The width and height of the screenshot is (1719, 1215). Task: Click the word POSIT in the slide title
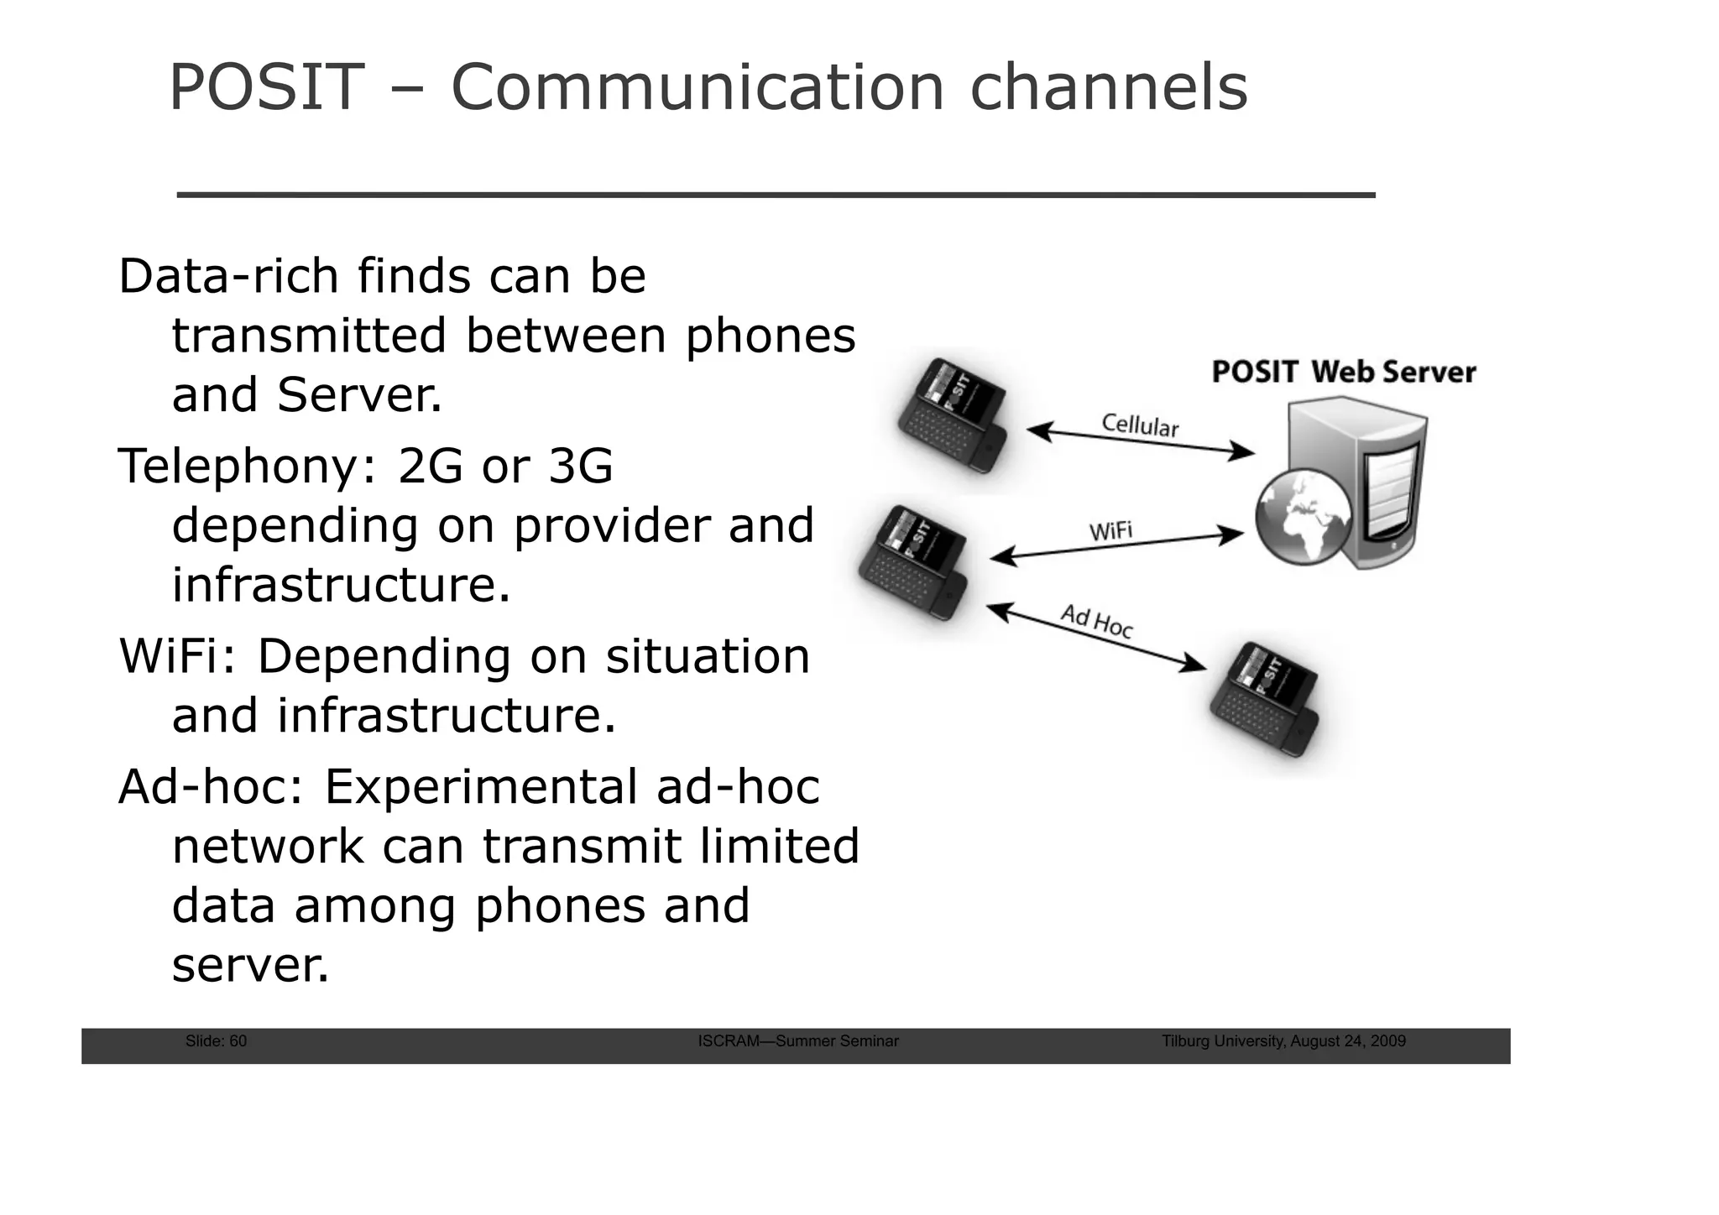pyautogui.click(x=267, y=87)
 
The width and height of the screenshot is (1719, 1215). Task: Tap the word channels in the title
pyautogui.click(x=1109, y=87)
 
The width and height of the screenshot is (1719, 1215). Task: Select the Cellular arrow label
pyautogui.click(x=1140, y=425)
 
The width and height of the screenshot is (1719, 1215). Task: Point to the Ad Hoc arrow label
pyautogui.click(x=1097, y=621)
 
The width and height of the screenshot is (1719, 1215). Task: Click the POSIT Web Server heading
pyautogui.click(x=1343, y=372)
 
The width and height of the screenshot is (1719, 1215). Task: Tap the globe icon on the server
pyautogui.click(x=1304, y=516)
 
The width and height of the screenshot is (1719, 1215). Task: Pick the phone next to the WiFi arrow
pyautogui.click(x=912, y=562)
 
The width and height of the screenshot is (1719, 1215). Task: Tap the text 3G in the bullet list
pyautogui.click(x=580, y=467)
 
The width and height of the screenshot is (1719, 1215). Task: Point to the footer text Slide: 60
pyautogui.click(x=216, y=1041)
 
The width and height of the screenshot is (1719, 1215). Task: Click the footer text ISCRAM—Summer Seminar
pyautogui.click(x=798, y=1041)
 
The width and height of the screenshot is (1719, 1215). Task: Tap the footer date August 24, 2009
pyautogui.click(x=1348, y=1041)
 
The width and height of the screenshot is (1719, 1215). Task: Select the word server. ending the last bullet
pyautogui.click(x=251, y=966)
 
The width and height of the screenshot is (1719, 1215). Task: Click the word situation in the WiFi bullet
pyautogui.click(x=708, y=657)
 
